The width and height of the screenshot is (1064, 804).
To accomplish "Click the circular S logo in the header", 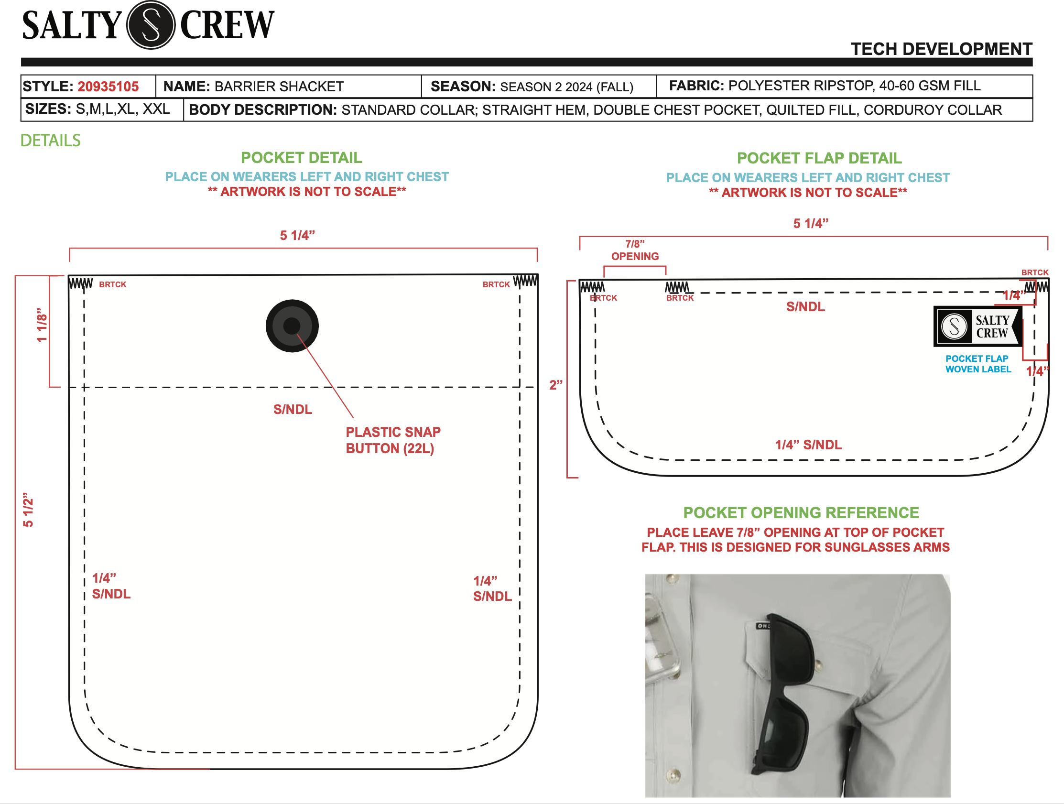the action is [151, 25].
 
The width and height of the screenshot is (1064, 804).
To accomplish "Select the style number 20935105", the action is [108, 87].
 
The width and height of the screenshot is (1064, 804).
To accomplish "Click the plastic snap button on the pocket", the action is [292, 326].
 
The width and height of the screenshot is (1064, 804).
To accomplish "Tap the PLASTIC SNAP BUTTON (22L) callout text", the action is [392, 440].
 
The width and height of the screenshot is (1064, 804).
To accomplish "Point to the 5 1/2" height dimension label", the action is [28, 509].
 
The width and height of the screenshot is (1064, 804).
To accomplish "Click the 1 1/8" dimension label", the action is [43, 325].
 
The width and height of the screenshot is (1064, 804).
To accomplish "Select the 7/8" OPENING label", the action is [635, 250].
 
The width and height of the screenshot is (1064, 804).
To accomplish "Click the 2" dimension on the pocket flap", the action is [555, 385].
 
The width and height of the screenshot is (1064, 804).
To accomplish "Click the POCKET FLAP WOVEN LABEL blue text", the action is [978, 364].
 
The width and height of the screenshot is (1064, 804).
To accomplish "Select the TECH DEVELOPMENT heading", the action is [941, 49].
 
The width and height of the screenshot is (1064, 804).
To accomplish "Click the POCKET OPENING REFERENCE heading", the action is [801, 512].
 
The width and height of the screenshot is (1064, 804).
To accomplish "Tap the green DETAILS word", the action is [51, 141].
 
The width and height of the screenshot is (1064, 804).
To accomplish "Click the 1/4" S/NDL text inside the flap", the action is [808, 445].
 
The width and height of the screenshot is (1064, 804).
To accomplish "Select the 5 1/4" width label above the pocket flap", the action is [811, 223].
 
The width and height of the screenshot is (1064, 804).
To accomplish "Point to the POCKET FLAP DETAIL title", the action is [819, 158].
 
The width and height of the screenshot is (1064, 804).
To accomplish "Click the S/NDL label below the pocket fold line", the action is [293, 409].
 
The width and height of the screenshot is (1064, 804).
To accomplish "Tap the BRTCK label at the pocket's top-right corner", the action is [496, 284].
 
